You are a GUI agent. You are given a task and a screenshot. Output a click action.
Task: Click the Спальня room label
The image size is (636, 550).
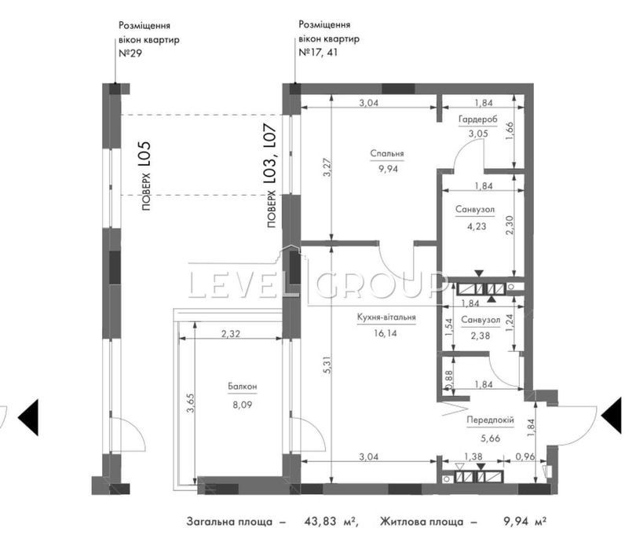pos(387,153)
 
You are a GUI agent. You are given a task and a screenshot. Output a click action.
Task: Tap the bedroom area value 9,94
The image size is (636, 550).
pos(388,169)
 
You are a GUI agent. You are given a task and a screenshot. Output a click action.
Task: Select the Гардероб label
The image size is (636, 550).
pos(478,119)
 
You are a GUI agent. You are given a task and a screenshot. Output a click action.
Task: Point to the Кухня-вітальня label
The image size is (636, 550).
pos(386,317)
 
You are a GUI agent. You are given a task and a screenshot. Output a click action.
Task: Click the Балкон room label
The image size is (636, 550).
pos(242,387)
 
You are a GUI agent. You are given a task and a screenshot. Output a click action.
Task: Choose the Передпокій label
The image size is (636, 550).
pos(490,420)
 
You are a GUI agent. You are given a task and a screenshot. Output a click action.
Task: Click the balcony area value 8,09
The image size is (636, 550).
pos(242,405)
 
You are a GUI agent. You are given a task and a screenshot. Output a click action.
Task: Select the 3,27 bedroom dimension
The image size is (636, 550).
pos(327,167)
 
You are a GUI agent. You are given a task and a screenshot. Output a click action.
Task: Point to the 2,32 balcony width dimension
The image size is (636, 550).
pos(230,334)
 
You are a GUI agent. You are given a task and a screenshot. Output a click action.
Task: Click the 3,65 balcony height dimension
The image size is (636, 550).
pos(190,402)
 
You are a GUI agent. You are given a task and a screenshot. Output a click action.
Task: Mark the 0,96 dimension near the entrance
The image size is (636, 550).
pos(525,456)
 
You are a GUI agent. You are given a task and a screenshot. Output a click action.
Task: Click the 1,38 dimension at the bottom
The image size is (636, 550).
pos(473,456)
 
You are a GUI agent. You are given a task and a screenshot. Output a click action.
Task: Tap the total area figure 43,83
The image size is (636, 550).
pos(320,521)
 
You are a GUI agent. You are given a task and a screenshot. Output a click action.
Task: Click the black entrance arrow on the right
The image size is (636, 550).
pos(611,416)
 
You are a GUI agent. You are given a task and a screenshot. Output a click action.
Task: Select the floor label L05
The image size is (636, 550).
pos(144,154)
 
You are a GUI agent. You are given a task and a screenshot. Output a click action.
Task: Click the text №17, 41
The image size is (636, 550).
pos(318,53)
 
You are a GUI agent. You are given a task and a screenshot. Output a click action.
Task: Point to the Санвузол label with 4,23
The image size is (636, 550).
pos(475,210)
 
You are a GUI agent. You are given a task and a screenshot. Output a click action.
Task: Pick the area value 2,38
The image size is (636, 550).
pos(481,335)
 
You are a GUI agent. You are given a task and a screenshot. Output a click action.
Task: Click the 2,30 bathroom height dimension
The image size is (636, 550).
pos(510,225)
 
